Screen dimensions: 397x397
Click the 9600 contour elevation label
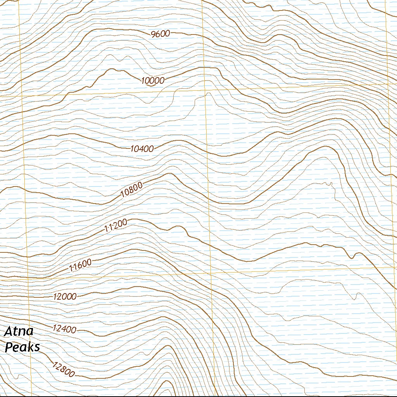click(160, 34)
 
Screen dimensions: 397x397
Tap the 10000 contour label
click(153, 81)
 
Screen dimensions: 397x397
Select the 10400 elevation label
click(142, 148)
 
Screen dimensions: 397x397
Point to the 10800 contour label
click(132, 190)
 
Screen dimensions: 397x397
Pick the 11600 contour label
click(80, 265)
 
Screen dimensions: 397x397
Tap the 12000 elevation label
click(65, 297)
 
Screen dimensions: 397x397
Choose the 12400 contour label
click(64, 329)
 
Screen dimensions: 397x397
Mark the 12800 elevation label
click(62, 369)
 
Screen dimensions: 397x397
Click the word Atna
click(19, 332)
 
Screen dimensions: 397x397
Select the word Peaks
click(22, 347)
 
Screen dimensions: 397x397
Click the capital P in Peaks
click(9, 347)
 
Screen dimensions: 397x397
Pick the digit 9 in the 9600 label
click(154, 34)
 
